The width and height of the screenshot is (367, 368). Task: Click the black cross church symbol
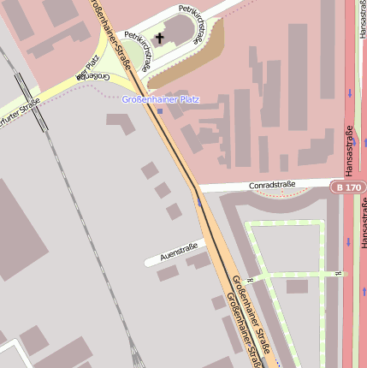(160, 39)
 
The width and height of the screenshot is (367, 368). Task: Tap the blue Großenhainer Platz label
(160, 99)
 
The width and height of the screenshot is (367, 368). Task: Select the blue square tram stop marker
(160, 111)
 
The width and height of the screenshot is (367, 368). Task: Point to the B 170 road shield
(348, 186)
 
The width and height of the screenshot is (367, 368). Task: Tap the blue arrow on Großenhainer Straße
(199, 203)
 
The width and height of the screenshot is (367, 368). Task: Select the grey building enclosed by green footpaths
(297, 287)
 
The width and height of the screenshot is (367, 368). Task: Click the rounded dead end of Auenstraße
(147, 261)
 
